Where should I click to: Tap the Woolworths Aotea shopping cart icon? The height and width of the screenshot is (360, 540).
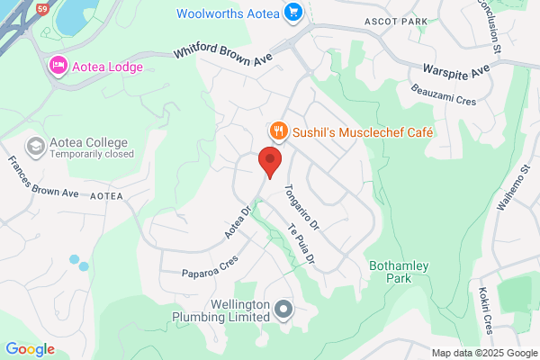pyautogui.click(x=292, y=13)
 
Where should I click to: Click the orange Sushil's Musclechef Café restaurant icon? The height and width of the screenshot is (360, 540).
pyautogui.click(x=279, y=131)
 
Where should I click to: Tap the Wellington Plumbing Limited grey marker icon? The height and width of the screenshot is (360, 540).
pyautogui.click(x=284, y=310)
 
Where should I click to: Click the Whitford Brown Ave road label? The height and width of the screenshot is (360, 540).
pyautogui.click(x=225, y=54)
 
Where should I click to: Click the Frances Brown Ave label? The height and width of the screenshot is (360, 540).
pyautogui.click(x=43, y=178)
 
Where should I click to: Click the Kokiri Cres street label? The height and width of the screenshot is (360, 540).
pyautogui.click(x=486, y=310)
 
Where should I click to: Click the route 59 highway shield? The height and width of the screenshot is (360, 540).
pyautogui.click(x=41, y=8)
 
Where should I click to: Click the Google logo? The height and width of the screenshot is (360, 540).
pyautogui.click(x=30, y=349)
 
